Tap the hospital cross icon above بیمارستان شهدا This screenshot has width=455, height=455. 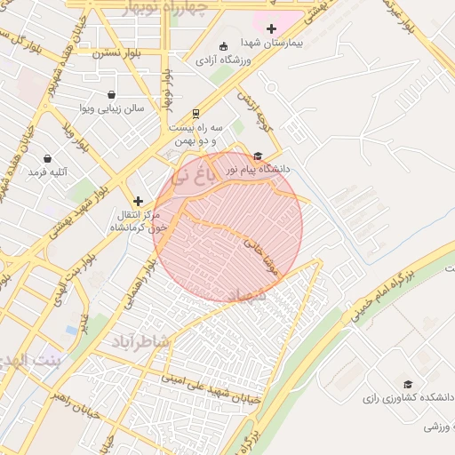point(271,28)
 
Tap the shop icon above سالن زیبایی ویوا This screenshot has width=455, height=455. point(111,94)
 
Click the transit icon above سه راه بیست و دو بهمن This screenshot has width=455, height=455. point(196,114)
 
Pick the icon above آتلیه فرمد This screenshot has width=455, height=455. point(46,158)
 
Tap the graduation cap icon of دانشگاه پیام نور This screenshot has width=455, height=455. point(258,155)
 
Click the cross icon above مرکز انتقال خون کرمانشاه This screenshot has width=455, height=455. point(138,202)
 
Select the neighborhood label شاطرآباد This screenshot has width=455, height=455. point(140,340)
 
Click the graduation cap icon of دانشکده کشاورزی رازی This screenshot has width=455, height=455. point(408,384)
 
